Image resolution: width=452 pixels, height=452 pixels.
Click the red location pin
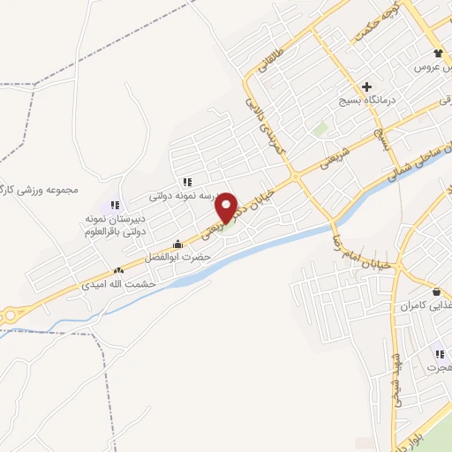coord(227,207)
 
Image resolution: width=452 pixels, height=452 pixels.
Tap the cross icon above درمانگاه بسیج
coord(365,87)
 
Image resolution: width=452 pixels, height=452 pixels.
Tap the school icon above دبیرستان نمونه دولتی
coord(115,204)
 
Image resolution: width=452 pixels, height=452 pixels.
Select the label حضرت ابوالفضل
coord(180,257)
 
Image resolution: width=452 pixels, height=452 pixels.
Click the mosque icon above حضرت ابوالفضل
coord(178,245)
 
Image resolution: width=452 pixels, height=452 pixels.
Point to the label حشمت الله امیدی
coord(118,284)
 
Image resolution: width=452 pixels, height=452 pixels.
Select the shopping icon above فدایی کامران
coord(436,291)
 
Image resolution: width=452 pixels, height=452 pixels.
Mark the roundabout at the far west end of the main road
coord(10,314)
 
